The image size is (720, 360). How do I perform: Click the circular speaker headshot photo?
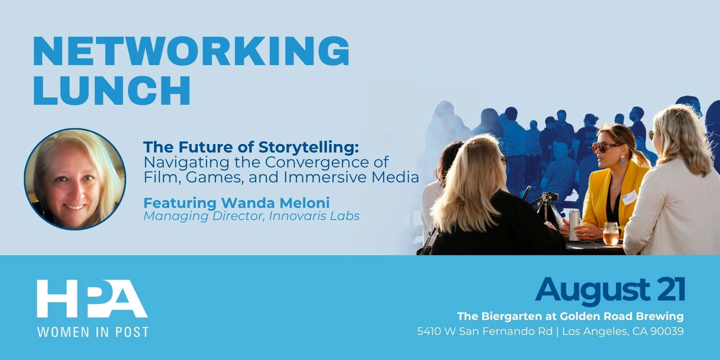75,179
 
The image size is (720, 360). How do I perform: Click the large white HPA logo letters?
92,299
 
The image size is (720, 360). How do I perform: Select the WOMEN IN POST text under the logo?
93,332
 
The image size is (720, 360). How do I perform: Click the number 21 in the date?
671,290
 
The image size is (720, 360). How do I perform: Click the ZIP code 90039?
667,332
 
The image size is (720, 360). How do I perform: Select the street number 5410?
429,332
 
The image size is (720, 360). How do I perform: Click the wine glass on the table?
611,234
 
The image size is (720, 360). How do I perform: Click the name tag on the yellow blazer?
629,197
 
